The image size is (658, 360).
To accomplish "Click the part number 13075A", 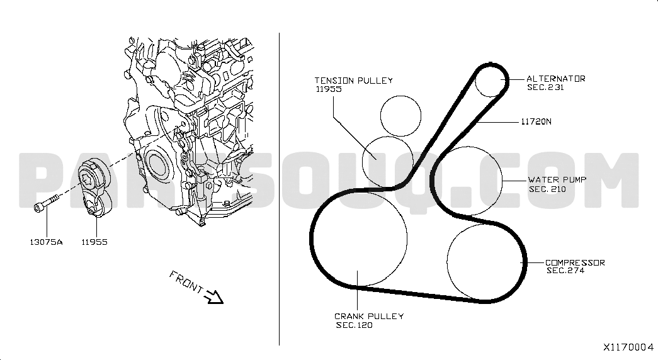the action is coord(46,242).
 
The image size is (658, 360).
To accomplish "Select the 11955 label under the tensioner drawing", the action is coord(94,242).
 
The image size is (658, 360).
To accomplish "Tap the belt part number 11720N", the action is coord(536,121).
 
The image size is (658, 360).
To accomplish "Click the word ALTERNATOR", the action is coord(556,79).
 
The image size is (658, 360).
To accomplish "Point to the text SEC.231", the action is coord(545,87).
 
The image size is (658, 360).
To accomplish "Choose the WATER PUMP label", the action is coord(557,179).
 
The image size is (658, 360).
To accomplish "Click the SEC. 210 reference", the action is coord(548,189).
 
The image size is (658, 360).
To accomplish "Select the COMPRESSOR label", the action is coord(575,262).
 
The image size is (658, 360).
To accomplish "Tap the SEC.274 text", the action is coord(565,271).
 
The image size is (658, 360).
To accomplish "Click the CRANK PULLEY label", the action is coord(369,317).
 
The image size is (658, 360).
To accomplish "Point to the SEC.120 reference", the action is coord(354,325).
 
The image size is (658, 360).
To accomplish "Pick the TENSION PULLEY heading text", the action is coord(354,80).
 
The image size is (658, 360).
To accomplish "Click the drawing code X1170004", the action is coord(628,347).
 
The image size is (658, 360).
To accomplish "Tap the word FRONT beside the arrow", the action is coord(186,281).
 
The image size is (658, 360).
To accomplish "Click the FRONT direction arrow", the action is coord(213,296).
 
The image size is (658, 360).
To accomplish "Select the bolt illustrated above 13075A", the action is coord(45,203).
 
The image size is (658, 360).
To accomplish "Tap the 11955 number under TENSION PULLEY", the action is coord(329,89).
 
